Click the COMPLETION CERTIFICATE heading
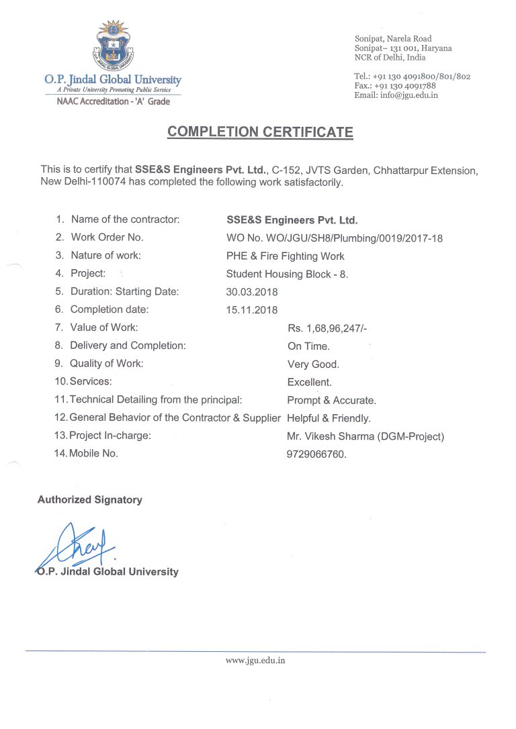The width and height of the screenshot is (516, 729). pos(260,132)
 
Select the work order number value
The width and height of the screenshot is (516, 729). pos(335,238)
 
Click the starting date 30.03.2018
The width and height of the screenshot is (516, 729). pos(252,292)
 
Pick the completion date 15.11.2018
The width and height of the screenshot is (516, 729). pos(252,310)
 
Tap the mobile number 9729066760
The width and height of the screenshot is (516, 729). pos(316,454)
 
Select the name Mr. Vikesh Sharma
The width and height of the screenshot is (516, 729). pos(329,436)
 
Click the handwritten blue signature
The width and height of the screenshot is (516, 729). pos(81,547)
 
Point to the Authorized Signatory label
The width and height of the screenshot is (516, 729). pos(90,499)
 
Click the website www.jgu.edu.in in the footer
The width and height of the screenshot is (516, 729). pos(255,661)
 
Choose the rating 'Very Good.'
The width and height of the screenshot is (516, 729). pos(313,364)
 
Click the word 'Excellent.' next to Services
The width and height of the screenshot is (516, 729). pos(309,382)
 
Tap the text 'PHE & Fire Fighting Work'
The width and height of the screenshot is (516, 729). pos(286,256)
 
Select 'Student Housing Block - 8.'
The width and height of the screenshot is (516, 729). pos(288,274)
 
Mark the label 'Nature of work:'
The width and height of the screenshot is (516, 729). pos(106,255)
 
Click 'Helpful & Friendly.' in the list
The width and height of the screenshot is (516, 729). pos(329,418)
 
